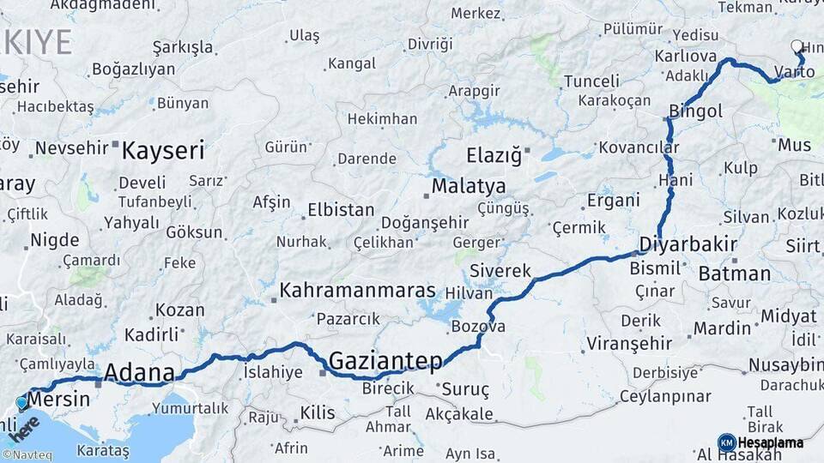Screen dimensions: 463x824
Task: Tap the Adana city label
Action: point(138,373)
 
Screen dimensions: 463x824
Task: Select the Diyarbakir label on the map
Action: point(688,244)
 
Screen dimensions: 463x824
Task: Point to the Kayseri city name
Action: point(163,152)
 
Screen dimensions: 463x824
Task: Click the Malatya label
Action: point(469,186)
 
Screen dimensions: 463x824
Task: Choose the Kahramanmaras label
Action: point(357,290)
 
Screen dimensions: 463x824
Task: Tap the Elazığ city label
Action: point(494,156)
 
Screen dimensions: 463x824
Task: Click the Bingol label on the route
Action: point(695,111)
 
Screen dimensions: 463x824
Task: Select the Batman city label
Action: point(734,274)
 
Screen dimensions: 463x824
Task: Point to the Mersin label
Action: point(59,400)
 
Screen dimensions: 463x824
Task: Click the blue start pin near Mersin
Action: point(21,401)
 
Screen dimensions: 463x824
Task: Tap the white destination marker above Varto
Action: point(797,47)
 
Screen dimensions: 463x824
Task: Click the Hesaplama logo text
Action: point(771,443)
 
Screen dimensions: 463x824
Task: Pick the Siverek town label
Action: point(500,271)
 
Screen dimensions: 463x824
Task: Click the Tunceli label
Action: point(591,81)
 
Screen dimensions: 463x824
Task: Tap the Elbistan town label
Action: point(341,210)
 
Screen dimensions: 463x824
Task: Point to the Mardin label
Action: point(722,328)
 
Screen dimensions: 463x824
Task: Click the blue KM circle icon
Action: point(727,443)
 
